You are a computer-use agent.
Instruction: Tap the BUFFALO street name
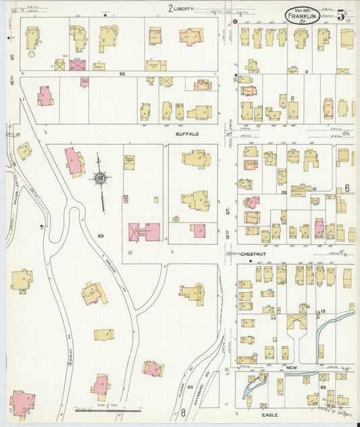[x=187, y=134]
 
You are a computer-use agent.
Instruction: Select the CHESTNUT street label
[x=246, y=255]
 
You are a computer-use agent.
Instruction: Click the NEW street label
[x=291, y=366]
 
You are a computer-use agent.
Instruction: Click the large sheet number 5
[x=342, y=14]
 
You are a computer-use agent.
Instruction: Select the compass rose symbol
[x=101, y=179]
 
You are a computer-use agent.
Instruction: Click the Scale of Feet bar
[x=108, y=408]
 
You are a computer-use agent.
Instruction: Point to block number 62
[x=122, y=73]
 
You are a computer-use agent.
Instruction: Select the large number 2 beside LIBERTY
[x=171, y=8]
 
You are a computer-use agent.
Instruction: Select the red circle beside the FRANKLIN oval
[x=235, y=22]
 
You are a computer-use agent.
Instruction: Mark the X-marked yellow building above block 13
[x=296, y=322]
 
